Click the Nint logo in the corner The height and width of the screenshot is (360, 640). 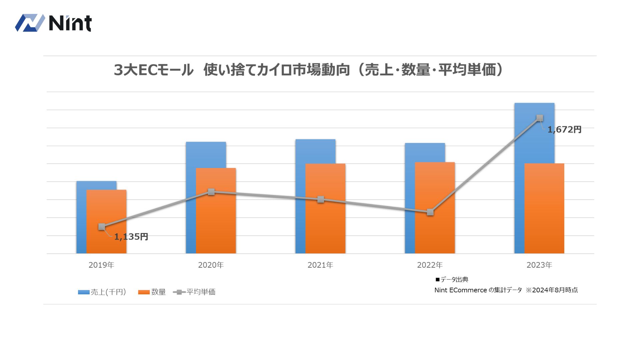point(53,23)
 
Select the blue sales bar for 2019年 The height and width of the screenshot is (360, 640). point(81,217)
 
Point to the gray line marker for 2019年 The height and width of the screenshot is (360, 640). point(102,227)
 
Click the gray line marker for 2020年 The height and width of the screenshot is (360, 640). point(211,192)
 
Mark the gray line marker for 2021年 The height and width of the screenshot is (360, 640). point(321,200)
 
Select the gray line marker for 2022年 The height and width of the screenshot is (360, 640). point(430,212)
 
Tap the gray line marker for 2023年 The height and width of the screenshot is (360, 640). point(540,118)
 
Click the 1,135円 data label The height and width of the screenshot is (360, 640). point(131,237)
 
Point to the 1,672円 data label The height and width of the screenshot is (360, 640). point(564,130)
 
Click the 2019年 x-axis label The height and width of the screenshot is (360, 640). point(101,265)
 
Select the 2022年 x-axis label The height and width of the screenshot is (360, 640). point(430,265)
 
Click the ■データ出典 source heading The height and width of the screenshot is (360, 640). point(452,280)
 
